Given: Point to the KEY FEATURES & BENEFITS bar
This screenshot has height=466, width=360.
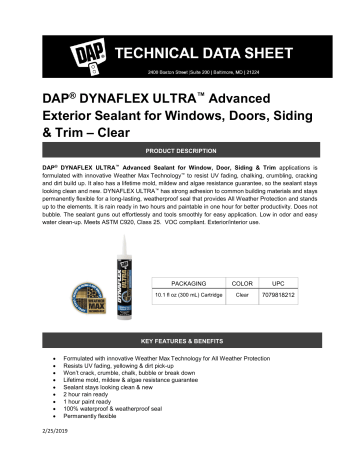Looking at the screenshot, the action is tap(180, 341).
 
